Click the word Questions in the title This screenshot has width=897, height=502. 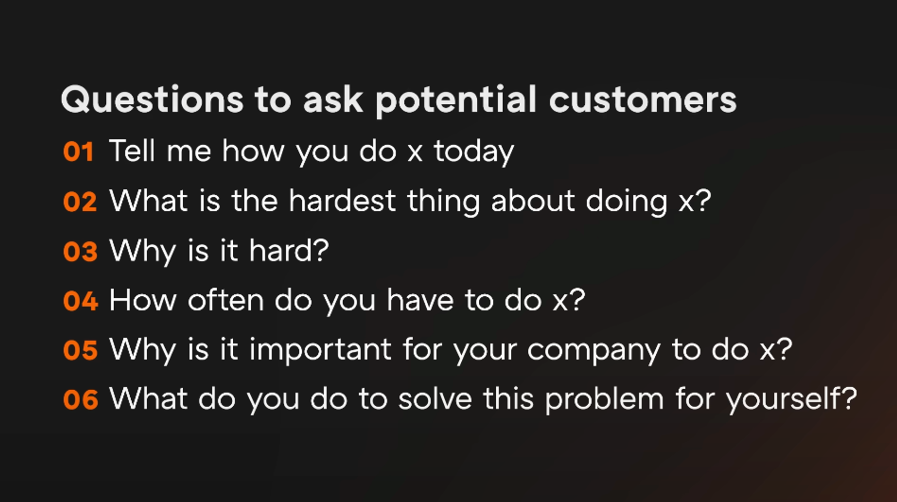click(152, 100)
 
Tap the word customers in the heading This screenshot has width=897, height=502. click(643, 100)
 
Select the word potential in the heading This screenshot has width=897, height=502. click(456, 100)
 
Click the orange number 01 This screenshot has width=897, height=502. click(78, 152)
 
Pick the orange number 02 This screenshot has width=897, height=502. click(80, 202)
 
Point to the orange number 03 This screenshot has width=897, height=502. click(80, 251)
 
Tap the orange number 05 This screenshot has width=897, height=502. click(80, 351)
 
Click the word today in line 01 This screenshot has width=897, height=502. click(474, 152)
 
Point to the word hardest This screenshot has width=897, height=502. click(342, 201)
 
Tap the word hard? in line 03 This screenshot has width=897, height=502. click(289, 250)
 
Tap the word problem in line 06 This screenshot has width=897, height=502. click(605, 400)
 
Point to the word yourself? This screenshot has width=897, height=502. click(792, 400)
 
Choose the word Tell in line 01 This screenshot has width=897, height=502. click(132, 151)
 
